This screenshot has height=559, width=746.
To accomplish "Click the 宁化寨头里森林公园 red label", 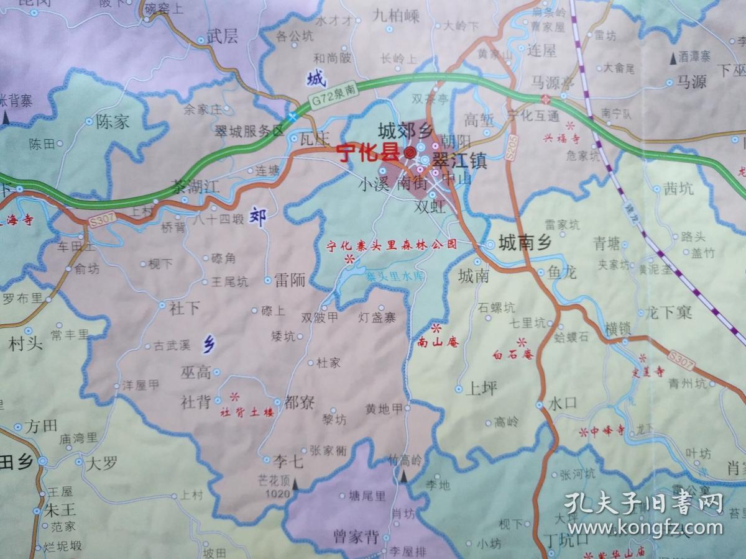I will (392, 245).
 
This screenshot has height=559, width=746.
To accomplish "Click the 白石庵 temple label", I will (513, 355).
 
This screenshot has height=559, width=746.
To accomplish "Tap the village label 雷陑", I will (290, 281).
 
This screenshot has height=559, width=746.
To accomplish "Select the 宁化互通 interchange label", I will (533, 116).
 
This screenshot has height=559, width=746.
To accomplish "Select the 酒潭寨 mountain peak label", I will (695, 57).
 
